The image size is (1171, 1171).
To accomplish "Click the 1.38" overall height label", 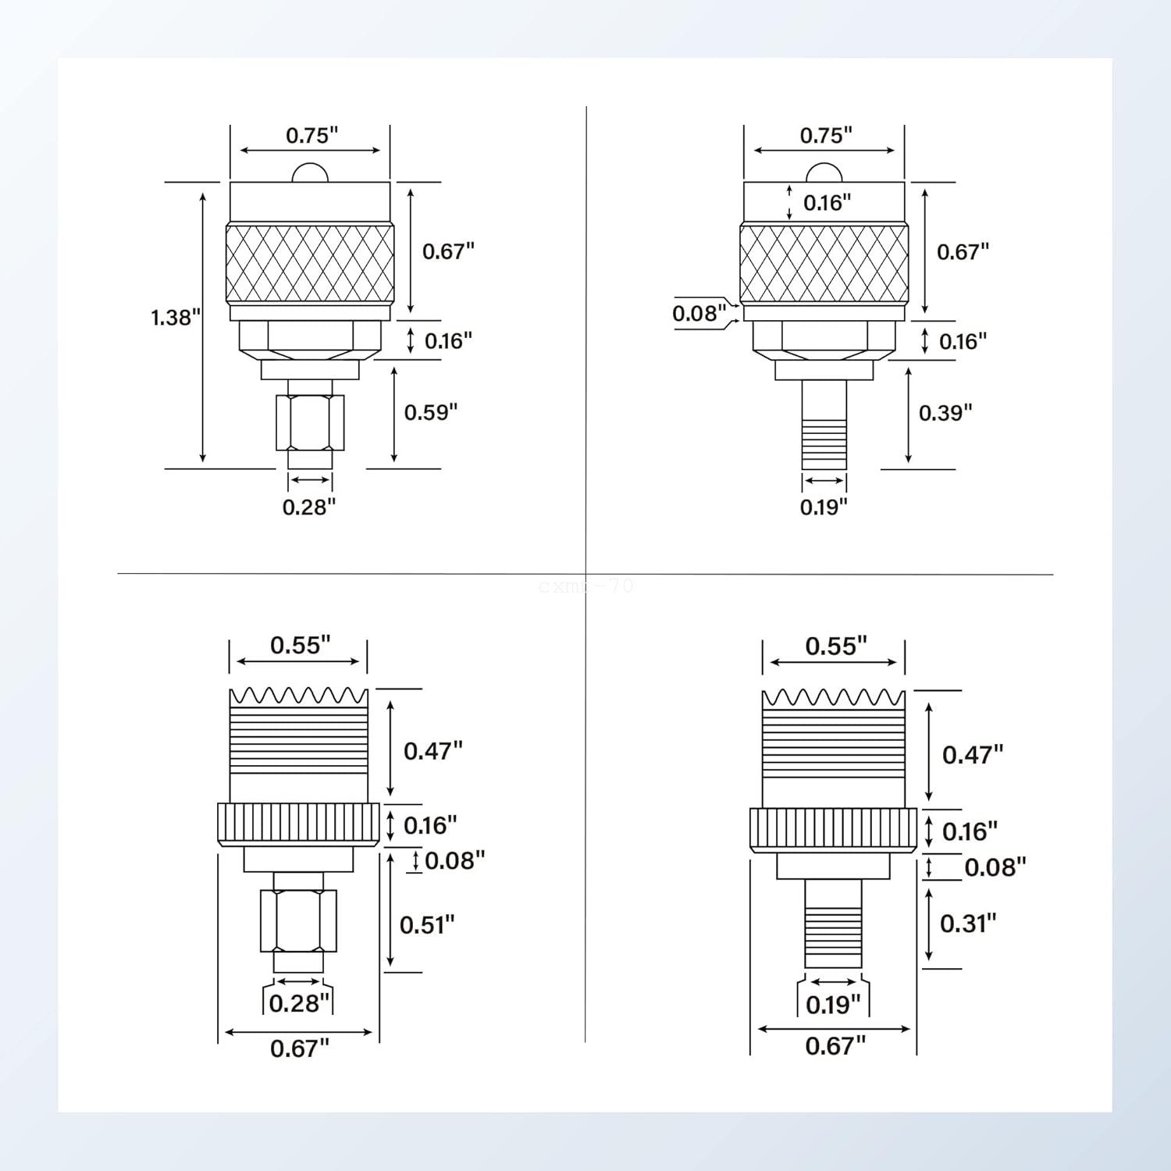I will coord(176,318).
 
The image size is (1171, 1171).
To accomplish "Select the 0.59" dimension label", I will coord(430,412).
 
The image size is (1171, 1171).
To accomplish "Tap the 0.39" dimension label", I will coord(945,412).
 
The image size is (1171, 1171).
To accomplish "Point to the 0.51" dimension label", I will coord(426,925).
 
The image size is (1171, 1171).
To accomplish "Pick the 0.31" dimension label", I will coord(968,924).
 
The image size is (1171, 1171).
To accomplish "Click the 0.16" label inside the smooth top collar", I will coord(827,203).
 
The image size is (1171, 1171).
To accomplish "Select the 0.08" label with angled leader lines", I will coord(699,313).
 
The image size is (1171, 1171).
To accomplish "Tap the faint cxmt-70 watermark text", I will coord(585,585).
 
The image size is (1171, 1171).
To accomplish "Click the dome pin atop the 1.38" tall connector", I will coord(310,173).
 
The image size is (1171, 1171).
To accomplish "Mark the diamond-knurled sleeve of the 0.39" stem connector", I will coord(824,262).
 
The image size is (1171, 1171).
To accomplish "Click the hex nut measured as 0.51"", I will coord(298,920).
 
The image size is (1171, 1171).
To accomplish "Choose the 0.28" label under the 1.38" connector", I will coord(309,507).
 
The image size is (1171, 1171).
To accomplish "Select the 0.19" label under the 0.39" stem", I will coord(824,507).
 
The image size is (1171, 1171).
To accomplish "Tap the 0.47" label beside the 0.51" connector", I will coord(432,751).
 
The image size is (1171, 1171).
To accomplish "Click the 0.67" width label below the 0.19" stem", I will coord(835,1045).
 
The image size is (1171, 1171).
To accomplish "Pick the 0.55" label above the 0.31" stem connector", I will coord(836,646).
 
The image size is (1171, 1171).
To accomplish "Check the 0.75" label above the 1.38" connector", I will coord(311,136).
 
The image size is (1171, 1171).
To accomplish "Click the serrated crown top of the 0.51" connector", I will coord(298,696).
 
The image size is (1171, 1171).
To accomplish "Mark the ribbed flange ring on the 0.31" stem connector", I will coord(834,831).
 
